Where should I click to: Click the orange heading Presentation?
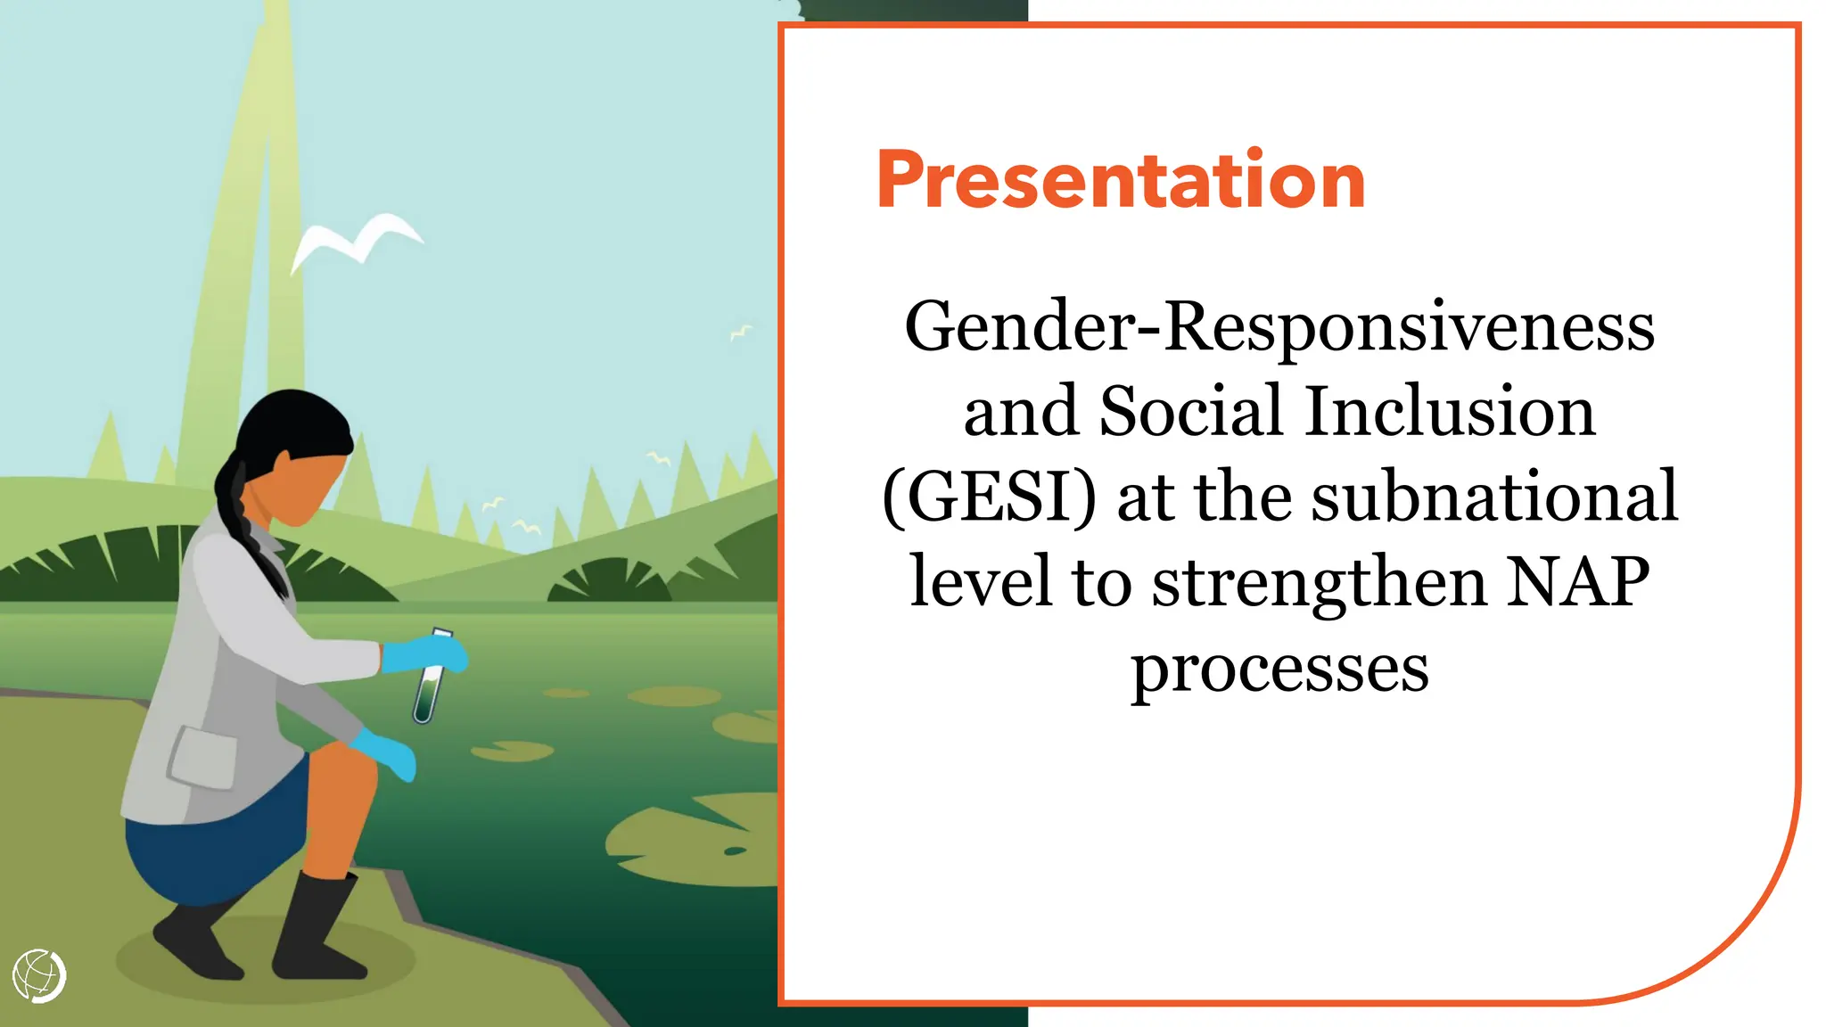click(x=1121, y=181)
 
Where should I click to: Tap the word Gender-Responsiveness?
click(x=1279, y=327)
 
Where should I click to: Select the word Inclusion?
click(x=1451, y=412)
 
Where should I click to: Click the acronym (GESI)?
click(x=989, y=497)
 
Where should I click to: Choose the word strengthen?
click(x=1319, y=582)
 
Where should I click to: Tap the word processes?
click(x=1279, y=669)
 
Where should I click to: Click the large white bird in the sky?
click(x=357, y=239)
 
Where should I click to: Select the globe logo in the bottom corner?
click(x=39, y=976)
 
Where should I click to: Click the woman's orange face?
click(x=303, y=490)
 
